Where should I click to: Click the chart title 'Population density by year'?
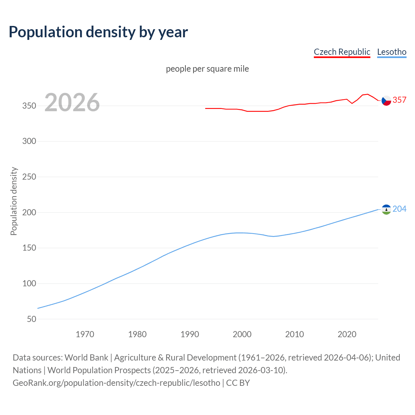pos(98,32)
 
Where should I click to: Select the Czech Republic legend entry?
pos(342,52)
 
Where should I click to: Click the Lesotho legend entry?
pos(392,52)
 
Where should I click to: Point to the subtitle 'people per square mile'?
pos(207,69)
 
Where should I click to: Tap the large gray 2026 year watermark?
pos(72,102)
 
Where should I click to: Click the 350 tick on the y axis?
pos(29,106)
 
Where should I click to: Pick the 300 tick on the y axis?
pos(29,141)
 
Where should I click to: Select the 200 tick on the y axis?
pos(29,213)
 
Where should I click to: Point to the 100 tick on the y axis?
pos(29,284)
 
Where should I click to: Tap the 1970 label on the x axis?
pos(85,334)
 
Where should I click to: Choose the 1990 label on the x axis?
pos(190,334)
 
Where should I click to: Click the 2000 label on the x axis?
pos(242,334)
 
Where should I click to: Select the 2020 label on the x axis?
pos(347,334)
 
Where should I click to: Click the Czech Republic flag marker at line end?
pos(386,101)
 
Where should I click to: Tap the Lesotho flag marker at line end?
pos(386,209)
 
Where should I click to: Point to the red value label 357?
pos(399,100)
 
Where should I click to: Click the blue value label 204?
pos(399,209)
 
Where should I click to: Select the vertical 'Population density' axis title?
pos(14,201)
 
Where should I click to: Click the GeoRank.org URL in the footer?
pos(116,383)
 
